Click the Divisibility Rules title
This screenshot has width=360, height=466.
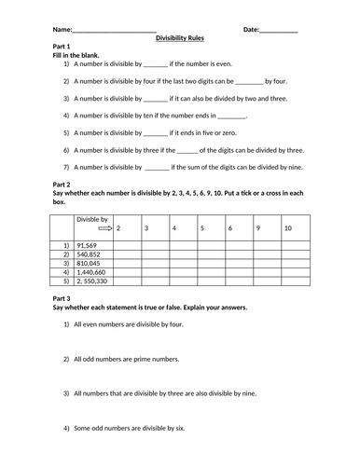(x=186, y=38)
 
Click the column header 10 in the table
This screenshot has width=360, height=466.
(x=288, y=227)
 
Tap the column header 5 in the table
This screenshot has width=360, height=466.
(x=201, y=227)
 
